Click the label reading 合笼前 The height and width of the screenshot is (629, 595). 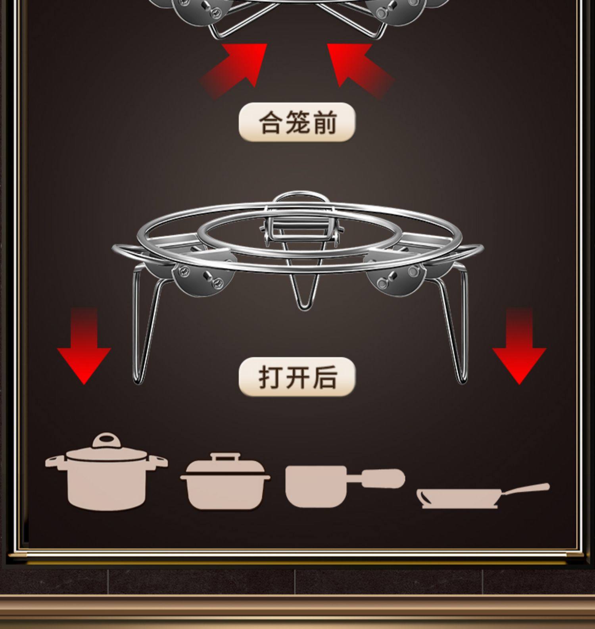pyautogui.click(x=297, y=122)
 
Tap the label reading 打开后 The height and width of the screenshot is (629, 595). pyautogui.click(x=297, y=377)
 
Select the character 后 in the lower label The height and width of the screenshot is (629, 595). pyautogui.click(x=325, y=377)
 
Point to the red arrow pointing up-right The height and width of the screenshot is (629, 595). pyautogui.click(x=238, y=67)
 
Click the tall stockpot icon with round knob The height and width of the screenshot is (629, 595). pyautogui.click(x=106, y=476)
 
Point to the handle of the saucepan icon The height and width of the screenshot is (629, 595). pyautogui.click(x=381, y=478)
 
